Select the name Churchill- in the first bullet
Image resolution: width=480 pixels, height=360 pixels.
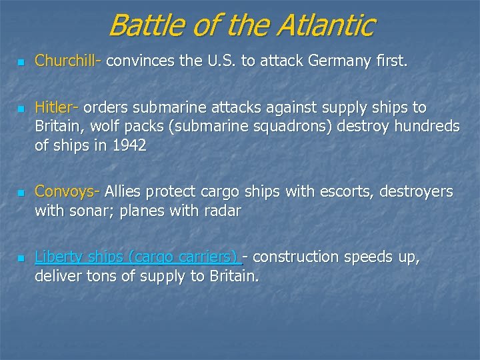pyautogui.click(x=68, y=61)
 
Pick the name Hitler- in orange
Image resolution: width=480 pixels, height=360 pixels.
pyautogui.click(x=57, y=107)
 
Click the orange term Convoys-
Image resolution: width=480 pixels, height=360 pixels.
pyautogui.click(x=67, y=192)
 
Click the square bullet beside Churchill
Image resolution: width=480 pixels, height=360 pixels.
pyautogui.click(x=21, y=63)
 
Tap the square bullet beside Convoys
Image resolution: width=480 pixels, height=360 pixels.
pyautogui.click(x=21, y=193)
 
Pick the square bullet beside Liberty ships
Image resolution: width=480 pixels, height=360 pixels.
pyautogui.click(x=21, y=258)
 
